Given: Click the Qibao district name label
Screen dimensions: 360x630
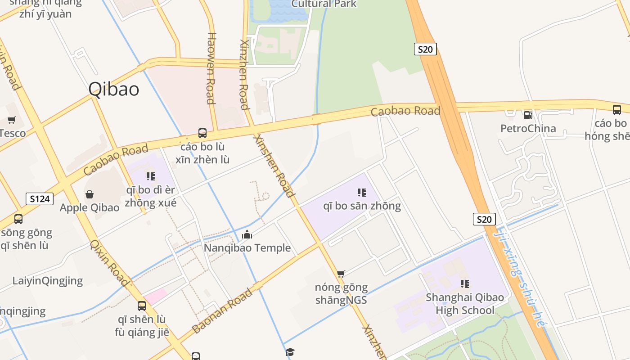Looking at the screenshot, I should pos(113,89).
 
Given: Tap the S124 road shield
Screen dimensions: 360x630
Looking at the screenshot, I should pos(40,198).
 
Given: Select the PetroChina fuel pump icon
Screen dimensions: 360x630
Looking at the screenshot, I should pos(528,115).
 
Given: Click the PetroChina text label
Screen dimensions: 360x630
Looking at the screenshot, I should pos(528,129).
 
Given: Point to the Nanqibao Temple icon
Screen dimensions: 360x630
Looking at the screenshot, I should pos(247,234).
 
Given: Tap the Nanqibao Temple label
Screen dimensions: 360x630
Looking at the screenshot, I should pos(247,248).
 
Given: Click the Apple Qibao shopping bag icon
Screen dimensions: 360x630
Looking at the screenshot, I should pos(90,194).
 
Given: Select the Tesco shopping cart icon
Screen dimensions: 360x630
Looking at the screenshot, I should pos(11,120).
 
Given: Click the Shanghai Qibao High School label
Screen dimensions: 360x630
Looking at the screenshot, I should pos(465,304).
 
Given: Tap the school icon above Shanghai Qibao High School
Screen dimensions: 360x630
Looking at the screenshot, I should pos(465,283).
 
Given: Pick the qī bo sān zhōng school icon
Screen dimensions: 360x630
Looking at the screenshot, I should pos(361,193).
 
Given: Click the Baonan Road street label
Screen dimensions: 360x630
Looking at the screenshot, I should pos(222,311).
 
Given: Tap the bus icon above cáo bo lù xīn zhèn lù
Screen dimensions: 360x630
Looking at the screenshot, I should pos(202,133).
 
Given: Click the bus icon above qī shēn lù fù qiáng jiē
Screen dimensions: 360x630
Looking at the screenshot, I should pos(142,306).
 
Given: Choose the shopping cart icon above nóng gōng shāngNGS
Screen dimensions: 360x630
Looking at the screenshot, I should pos(341,274).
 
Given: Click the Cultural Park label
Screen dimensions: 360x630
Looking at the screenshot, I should pos(324,4).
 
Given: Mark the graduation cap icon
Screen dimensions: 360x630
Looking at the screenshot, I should pos(290,352).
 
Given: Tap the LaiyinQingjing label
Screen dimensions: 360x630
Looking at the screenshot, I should pos(48,281).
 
